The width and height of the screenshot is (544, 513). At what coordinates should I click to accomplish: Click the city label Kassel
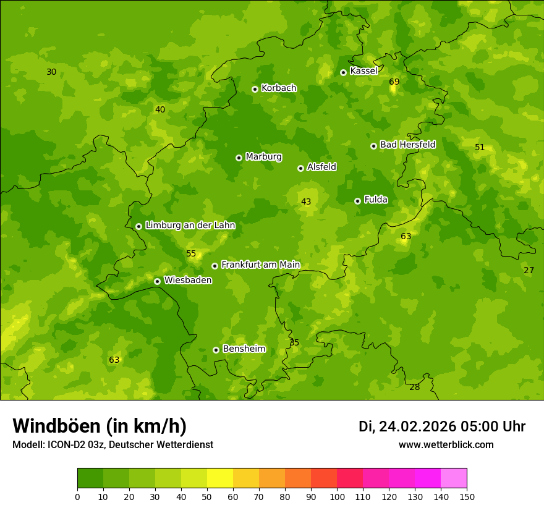coord(363,71)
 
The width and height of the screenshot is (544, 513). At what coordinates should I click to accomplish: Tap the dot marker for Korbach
coord(255,89)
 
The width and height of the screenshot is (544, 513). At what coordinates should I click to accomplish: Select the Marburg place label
coord(263,157)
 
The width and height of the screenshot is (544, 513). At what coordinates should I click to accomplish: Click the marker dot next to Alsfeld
coord(300,168)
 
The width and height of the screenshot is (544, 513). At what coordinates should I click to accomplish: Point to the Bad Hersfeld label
coord(407,145)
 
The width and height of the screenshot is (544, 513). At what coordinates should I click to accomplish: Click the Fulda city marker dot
coord(357,201)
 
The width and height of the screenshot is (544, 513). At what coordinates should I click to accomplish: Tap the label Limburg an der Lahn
coord(190,226)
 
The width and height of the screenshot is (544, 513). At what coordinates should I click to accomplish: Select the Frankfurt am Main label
coord(260,265)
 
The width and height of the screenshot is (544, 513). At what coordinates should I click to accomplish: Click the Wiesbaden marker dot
coord(157,281)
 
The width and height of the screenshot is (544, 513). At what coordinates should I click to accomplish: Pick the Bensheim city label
coord(244,349)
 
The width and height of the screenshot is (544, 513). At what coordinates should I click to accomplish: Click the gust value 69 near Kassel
coord(394,82)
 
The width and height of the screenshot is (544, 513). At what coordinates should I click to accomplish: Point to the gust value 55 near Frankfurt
coord(191,254)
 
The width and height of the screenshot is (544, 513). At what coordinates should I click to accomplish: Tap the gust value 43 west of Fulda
coord(306,202)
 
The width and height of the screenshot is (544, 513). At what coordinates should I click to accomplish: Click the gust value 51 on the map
coord(480,148)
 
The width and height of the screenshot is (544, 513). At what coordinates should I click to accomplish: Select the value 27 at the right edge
coord(529,271)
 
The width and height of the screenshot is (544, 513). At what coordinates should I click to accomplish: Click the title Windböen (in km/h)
coord(100,426)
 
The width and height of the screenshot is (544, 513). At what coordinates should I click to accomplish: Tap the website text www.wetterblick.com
coord(446,445)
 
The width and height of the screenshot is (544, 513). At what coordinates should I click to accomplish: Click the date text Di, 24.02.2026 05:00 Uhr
coord(442,426)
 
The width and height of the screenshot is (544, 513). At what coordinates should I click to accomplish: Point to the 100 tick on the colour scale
coord(337,496)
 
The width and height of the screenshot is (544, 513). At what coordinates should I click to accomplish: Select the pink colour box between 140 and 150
coord(454,478)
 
